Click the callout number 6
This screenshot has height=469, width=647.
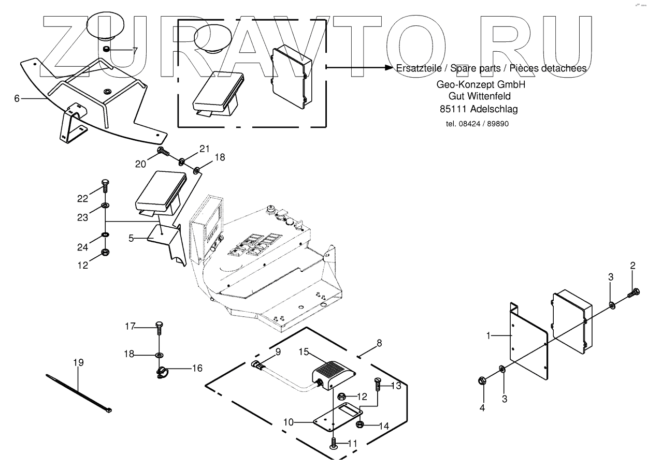[17, 98]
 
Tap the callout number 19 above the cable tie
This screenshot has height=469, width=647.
[78, 362]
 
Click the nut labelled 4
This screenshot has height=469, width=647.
[482, 382]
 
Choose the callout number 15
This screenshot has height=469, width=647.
[303, 352]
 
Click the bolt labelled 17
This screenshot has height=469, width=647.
[159, 327]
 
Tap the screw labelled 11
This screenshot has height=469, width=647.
[334, 444]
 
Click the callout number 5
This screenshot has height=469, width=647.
[131, 238]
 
